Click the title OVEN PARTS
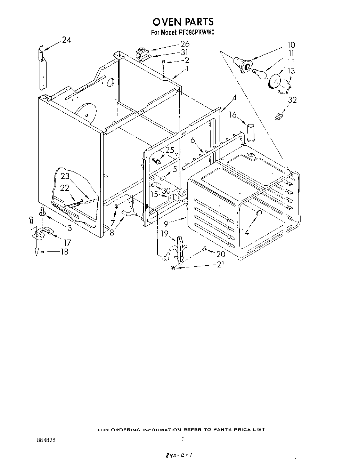(x=183, y=22)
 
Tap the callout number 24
(x=66, y=40)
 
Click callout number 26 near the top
(x=185, y=44)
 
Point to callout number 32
(x=292, y=100)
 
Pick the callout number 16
(x=232, y=115)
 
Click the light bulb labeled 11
(x=259, y=73)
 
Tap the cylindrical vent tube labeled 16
(x=251, y=132)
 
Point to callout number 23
(x=65, y=176)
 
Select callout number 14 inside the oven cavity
(x=245, y=232)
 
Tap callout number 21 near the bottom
(x=220, y=265)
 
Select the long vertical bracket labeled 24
(x=42, y=70)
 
